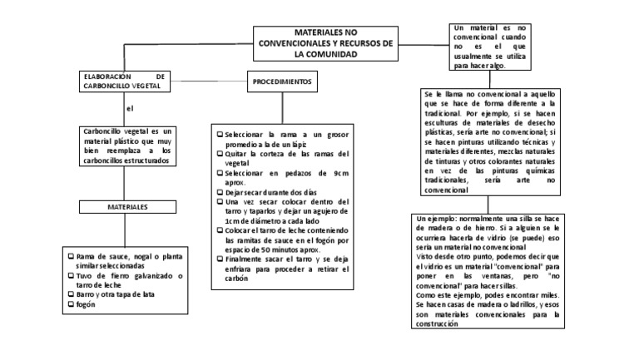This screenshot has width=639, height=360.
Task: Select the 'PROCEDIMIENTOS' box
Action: coord(282,83)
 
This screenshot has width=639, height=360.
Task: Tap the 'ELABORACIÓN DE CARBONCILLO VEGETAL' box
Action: coord(127,81)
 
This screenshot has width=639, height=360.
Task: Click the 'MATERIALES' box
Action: coord(127,205)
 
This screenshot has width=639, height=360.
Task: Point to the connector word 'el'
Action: coord(129,109)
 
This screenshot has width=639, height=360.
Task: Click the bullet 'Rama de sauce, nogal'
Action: coord(128,260)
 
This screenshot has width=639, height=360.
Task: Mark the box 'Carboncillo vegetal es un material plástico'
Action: coord(128,145)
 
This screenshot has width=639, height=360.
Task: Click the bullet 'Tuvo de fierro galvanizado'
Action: coord(128,279)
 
